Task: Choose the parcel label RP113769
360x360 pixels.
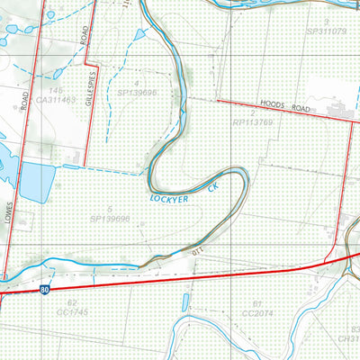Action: click(x=254, y=121)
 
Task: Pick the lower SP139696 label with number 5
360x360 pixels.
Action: click(x=110, y=218)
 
